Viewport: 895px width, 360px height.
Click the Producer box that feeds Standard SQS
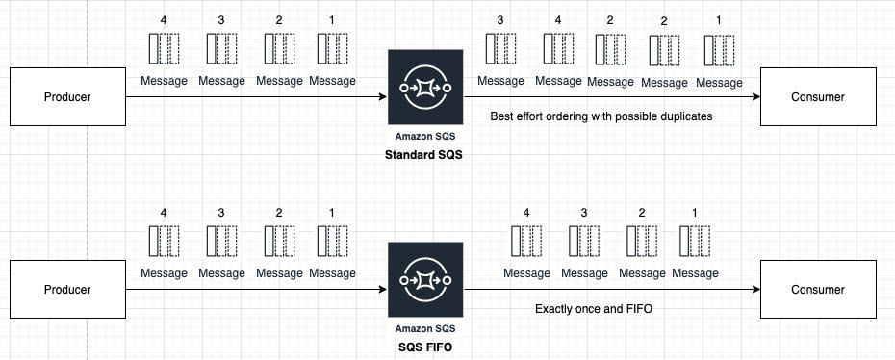[68, 96]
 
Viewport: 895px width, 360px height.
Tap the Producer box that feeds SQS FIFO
[68, 289]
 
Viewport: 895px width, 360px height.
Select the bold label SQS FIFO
[424, 347]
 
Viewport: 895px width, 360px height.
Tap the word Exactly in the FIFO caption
[552, 309]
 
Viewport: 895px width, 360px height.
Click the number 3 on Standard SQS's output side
[500, 19]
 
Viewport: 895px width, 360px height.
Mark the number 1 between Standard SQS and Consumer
[718, 19]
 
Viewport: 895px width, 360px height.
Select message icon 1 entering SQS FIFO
[332, 241]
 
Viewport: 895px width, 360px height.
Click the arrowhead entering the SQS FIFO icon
[381, 289]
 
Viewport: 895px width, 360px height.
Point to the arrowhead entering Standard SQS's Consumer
[756, 96]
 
